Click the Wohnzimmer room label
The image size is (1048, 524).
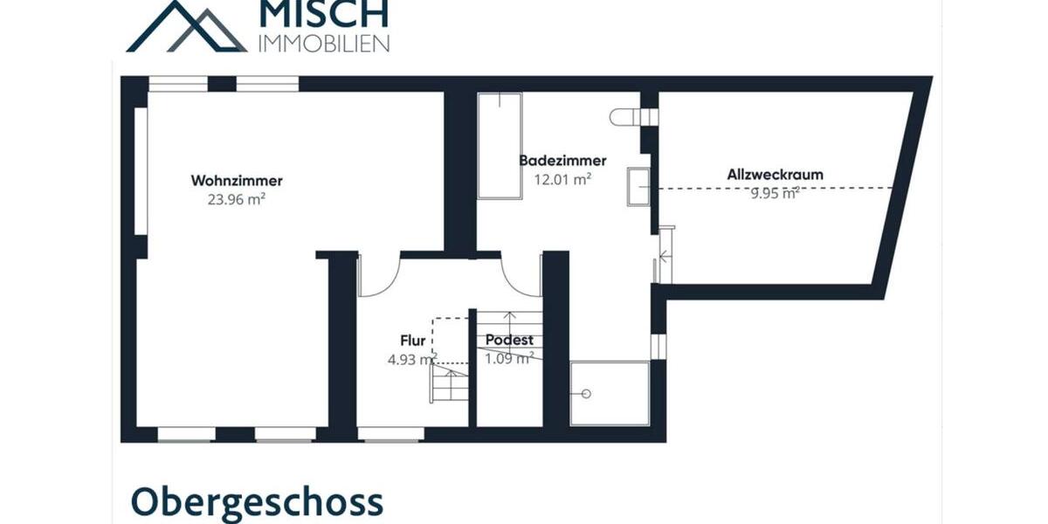tap(237, 181)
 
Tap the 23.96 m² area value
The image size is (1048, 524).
tap(237, 199)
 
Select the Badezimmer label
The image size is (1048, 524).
tap(562, 161)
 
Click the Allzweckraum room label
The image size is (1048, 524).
tap(775, 175)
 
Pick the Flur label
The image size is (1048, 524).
tap(412, 341)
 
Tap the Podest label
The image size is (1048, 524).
tap(509, 341)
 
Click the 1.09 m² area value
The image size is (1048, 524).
tap(509, 357)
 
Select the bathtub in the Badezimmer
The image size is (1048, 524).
tap(500, 146)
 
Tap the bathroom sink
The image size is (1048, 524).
tap(638, 187)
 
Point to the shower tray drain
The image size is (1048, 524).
tap(587, 394)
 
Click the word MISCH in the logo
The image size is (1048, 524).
tap(323, 14)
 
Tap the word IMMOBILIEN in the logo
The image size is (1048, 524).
tap(324, 42)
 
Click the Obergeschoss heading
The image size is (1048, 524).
tap(257, 502)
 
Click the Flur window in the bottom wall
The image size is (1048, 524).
tap(391, 433)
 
